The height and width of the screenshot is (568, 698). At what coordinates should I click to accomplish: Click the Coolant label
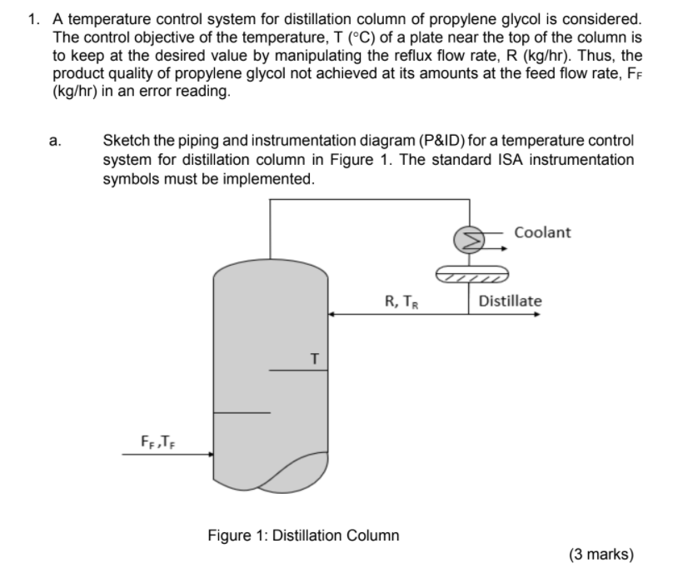[543, 232]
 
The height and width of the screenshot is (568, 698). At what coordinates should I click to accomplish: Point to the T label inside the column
[314, 358]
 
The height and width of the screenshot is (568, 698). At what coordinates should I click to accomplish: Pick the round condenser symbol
[465, 239]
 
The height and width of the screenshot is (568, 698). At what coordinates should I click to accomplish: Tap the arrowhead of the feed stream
[210, 455]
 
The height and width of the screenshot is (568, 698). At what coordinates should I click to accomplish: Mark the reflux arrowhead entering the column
[331, 314]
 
